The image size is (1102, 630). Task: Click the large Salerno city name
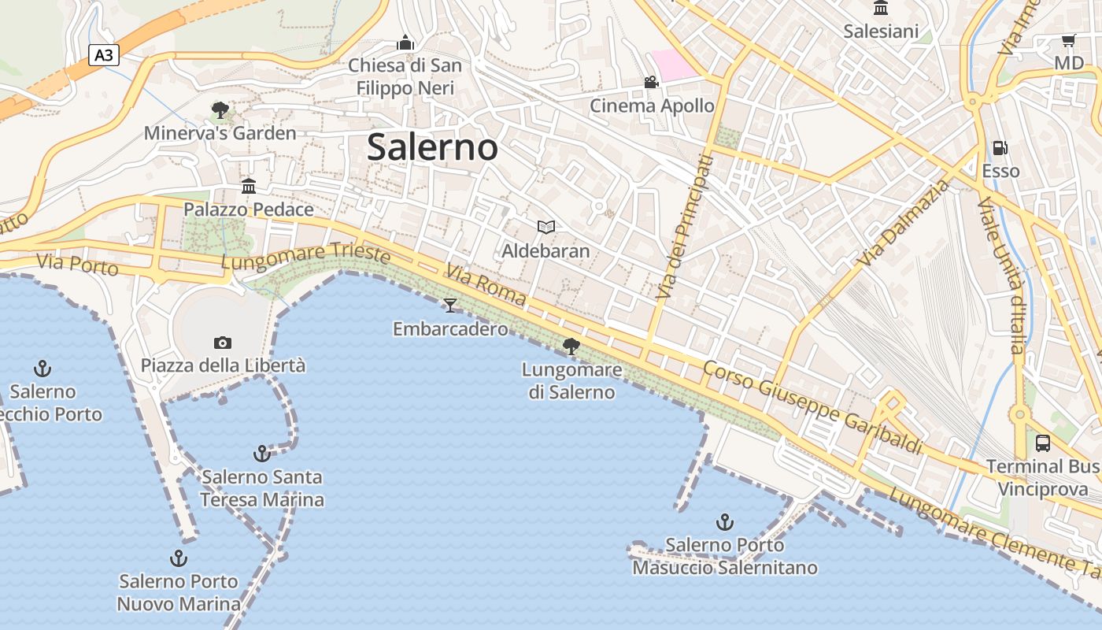click(432, 147)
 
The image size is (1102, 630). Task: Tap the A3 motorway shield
click(104, 55)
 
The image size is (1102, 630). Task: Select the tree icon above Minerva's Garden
click(220, 109)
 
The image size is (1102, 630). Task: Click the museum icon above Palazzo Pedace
click(249, 186)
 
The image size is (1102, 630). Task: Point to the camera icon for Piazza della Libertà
click(223, 343)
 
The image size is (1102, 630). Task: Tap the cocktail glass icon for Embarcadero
click(450, 305)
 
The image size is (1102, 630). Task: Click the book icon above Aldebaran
click(546, 228)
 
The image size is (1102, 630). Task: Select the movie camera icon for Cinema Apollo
click(651, 82)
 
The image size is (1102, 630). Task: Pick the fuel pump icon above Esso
click(1000, 147)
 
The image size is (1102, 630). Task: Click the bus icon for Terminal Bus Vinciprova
click(1043, 443)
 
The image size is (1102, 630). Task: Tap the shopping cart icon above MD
click(1068, 40)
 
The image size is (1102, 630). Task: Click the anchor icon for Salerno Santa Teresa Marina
click(261, 454)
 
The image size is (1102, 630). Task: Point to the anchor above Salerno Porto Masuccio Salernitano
click(724, 521)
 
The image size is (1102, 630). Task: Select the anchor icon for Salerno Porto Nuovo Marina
click(179, 558)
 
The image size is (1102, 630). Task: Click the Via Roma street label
click(486, 284)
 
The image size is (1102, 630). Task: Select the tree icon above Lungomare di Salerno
click(571, 346)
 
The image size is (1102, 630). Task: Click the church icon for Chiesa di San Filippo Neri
click(405, 43)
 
